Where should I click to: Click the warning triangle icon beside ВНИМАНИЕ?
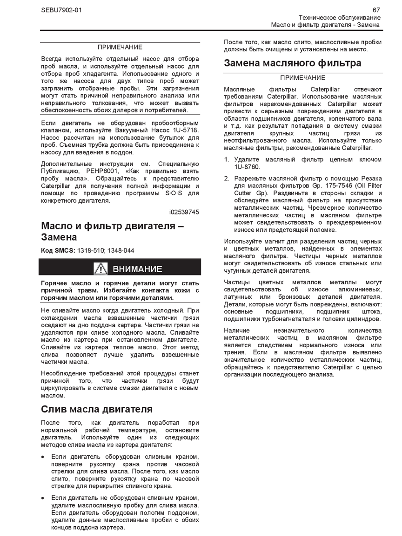(x=100, y=268)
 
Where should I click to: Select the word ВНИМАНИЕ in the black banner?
(x=137, y=269)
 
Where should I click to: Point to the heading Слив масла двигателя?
(x=97, y=409)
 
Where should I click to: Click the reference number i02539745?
(x=184, y=212)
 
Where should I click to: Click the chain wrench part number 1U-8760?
(x=247, y=167)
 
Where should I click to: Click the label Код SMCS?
(x=58, y=250)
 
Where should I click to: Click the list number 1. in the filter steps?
(x=227, y=159)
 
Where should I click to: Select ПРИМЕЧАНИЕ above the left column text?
(x=120, y=47)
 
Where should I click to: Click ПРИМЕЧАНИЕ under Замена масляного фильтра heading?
(x=303, y=78)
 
